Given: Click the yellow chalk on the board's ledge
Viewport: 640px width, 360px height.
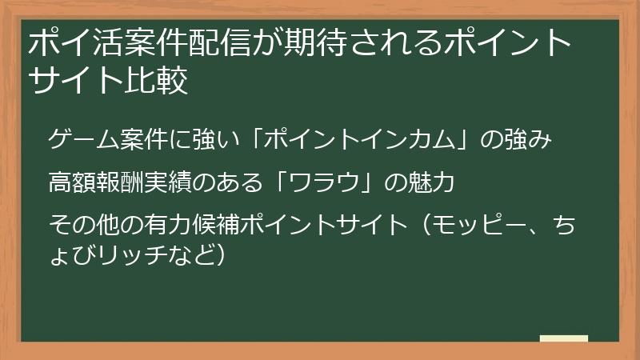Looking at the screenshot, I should [563, 338].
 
